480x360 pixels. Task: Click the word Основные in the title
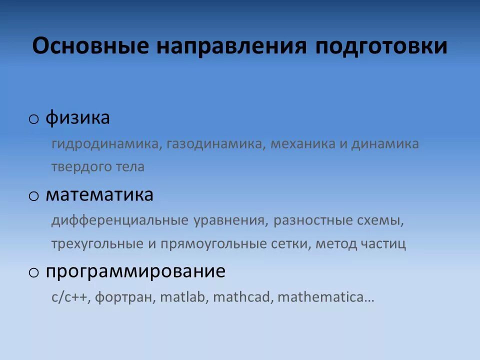tap(90, 46)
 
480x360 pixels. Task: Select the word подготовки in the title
tap(381, 46)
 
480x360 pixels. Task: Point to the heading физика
tap(77, 119)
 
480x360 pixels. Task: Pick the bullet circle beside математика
tap(33, 196)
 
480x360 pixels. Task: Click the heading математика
tap(99, 195)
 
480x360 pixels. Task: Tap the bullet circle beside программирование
tap(33, 272)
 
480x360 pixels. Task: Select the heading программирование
tap(135, 272)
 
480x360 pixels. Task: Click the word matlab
tap(184, 297)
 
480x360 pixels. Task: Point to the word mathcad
tap(242, 297)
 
